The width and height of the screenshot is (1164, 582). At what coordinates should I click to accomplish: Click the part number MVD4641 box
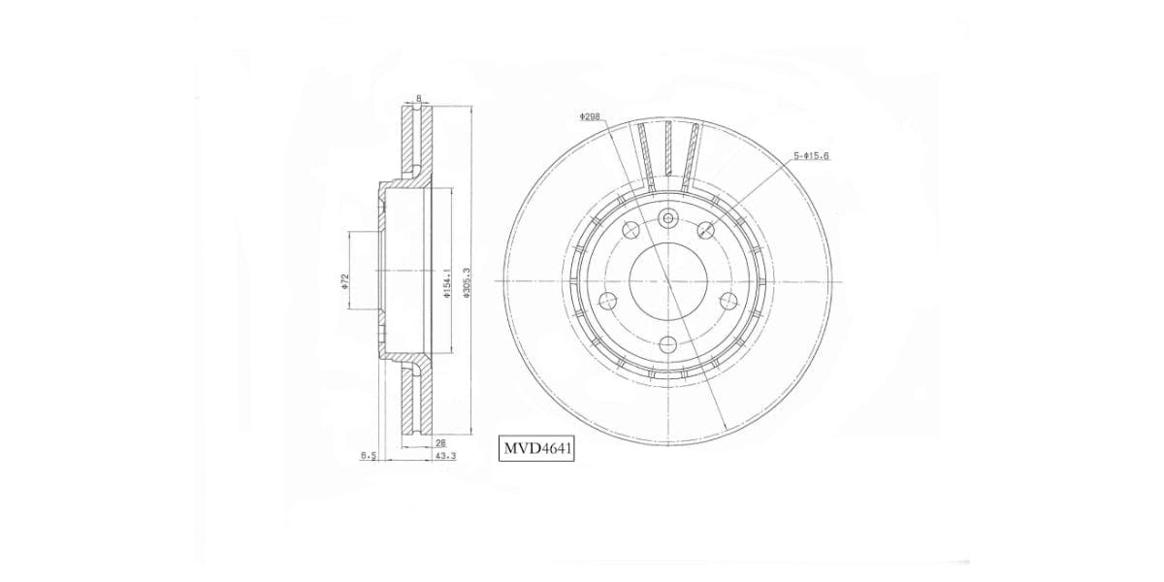537,449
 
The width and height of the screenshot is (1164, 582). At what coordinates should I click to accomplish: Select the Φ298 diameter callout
590,116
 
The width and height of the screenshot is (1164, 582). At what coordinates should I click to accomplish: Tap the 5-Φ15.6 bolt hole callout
810,155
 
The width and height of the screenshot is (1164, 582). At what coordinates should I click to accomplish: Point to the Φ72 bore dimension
344,281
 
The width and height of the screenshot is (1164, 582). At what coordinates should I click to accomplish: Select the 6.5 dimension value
368,454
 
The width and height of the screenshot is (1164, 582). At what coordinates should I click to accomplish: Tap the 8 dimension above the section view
418,99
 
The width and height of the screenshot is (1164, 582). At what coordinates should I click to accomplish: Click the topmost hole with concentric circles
667,217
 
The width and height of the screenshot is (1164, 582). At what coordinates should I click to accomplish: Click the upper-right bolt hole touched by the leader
706,229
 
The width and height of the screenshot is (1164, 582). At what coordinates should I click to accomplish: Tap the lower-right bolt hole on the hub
728,301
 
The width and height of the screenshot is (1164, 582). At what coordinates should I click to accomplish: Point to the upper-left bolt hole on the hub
630,230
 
